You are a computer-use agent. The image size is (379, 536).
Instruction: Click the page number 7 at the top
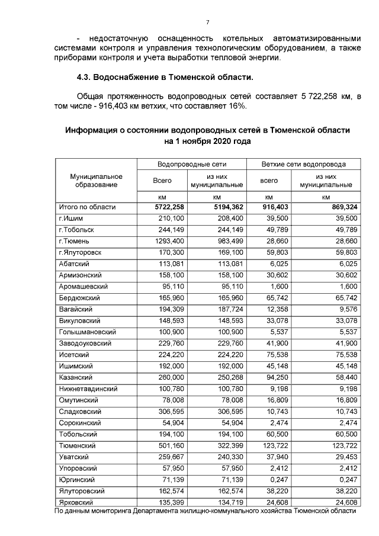click(207, 23)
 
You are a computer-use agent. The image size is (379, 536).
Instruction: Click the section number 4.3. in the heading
click(86, 78)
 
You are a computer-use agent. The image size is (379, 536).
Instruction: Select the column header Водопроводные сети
click(192, 164)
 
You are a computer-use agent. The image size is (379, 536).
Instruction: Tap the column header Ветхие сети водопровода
click(303, 164)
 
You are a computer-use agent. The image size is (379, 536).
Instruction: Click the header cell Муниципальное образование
click(96, 181)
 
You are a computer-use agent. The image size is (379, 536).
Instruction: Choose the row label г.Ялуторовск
click(81, 252)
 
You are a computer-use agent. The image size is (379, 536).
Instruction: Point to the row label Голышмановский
click(86, 332)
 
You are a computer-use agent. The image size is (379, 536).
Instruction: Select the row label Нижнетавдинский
click(88, 389)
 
